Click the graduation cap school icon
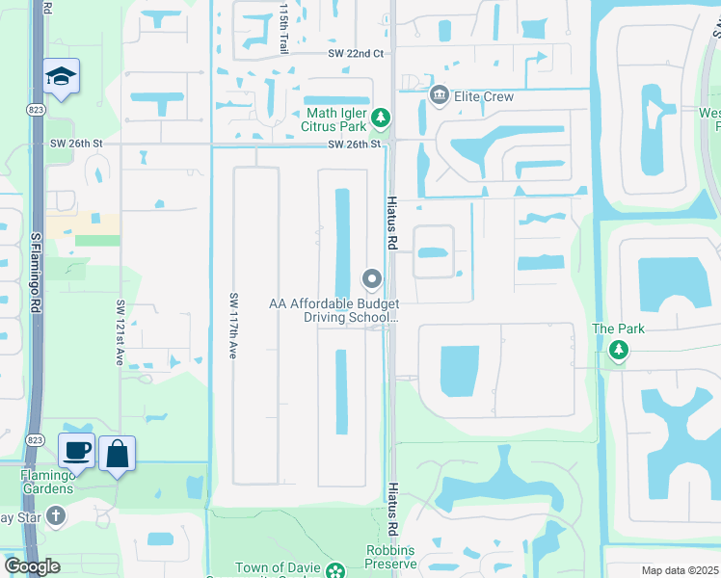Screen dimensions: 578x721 pos(61,76)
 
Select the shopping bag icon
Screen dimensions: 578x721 pos(117,453)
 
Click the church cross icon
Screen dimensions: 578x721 pos(57,515)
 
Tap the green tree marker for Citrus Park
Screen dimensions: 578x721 pos(382,118)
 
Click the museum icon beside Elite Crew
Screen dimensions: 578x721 pos(440,95)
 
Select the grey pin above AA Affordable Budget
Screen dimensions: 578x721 pos(372,279)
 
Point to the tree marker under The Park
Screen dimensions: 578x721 pos(618,353)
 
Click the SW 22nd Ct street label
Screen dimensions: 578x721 pos(356,55)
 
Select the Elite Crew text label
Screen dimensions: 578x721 pos(486,96)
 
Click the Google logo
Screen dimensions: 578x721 pos(32,566)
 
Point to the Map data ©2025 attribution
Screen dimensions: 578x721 pos(680,570)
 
